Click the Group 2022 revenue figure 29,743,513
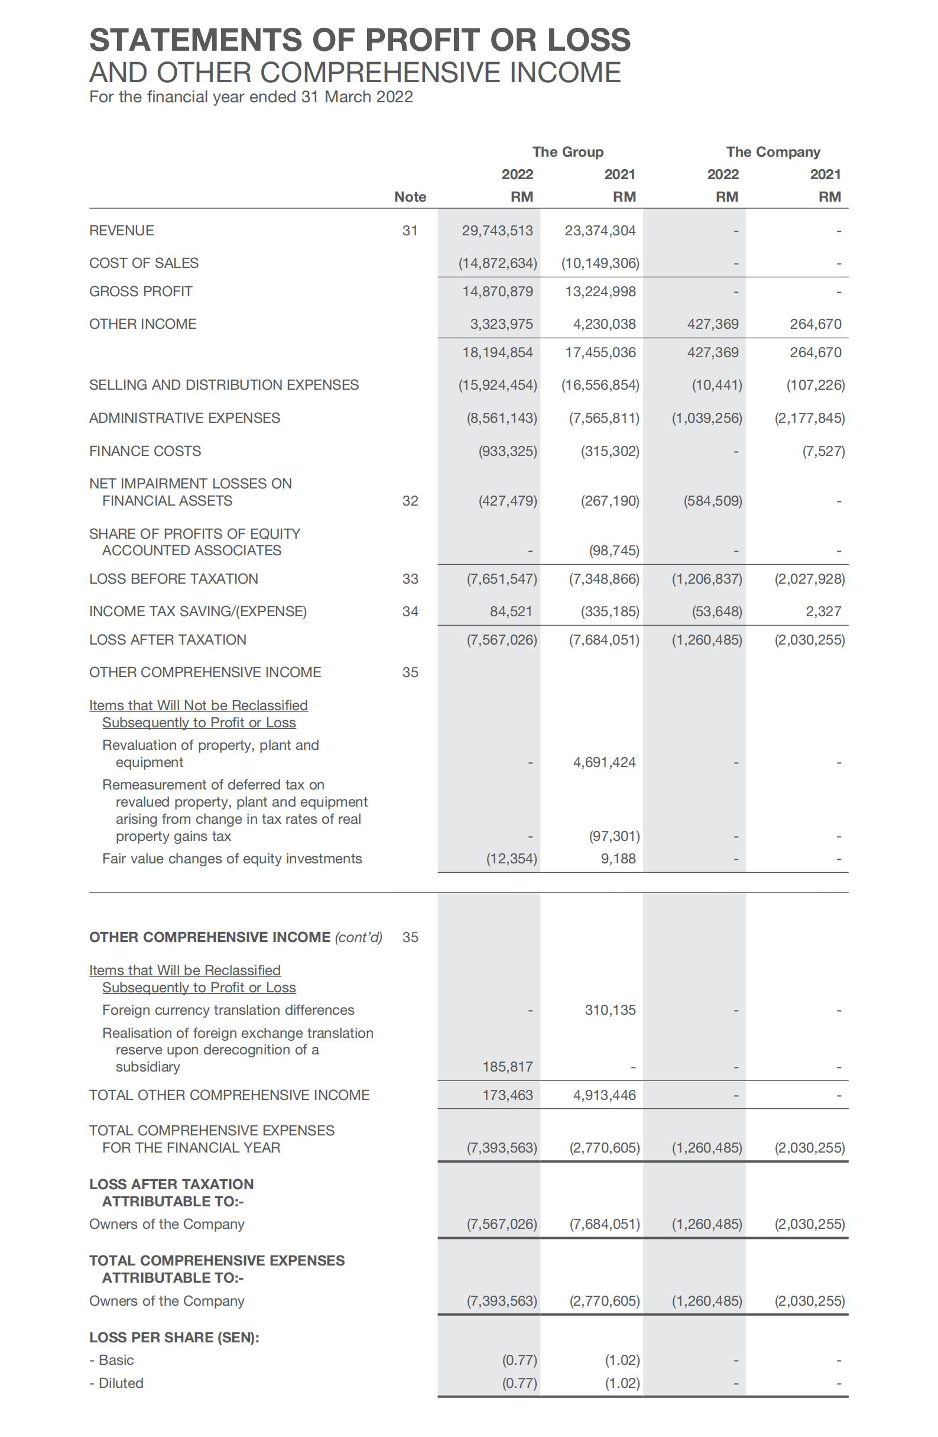coord(496,230)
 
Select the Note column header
coord(410,197)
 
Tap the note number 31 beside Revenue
coord(410,230)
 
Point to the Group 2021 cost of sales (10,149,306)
coord(600,263)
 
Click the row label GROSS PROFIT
coord(141,292)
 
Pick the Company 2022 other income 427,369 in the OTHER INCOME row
coord(712,324)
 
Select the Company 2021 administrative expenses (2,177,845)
coord(809,418)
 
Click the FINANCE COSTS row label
coord(145,451)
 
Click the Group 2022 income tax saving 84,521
coord(511,611)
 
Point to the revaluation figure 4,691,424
coord(604,762)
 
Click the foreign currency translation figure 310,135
coord(609,1010)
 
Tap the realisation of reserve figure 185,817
coord(507,1067)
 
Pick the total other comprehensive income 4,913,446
coord(604,1095)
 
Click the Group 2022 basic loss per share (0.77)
coord(519,1360)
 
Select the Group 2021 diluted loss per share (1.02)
coord(622,1383)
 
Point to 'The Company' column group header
coord(773,152)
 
